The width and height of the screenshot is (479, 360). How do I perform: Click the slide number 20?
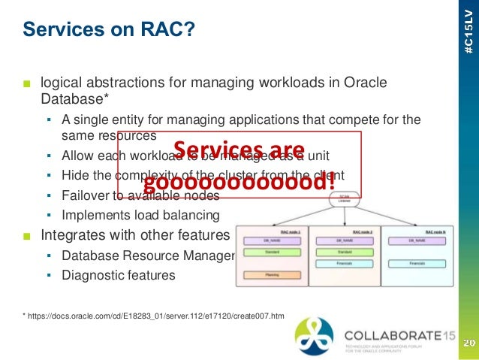[467, 343]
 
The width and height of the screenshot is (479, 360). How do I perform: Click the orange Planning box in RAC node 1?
[272, 275]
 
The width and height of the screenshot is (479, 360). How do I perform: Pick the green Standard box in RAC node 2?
[345, 253]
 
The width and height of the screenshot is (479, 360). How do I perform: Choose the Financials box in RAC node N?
[416, 264]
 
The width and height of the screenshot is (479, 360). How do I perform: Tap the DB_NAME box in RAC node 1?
[272, 241]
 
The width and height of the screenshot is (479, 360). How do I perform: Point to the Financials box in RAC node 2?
[345, 264]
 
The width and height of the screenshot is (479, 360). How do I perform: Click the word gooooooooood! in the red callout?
[239, 183]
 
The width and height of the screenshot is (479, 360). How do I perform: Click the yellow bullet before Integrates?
[27, 235]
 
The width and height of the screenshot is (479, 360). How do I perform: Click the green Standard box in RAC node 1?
[272, 253]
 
